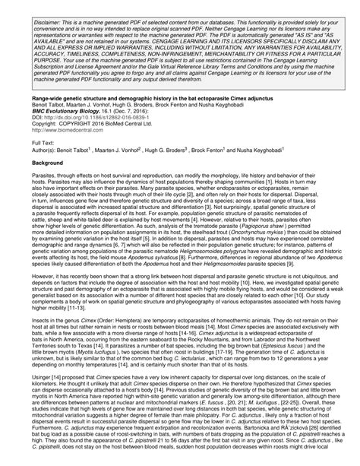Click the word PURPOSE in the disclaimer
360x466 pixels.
tap(48, 76)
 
